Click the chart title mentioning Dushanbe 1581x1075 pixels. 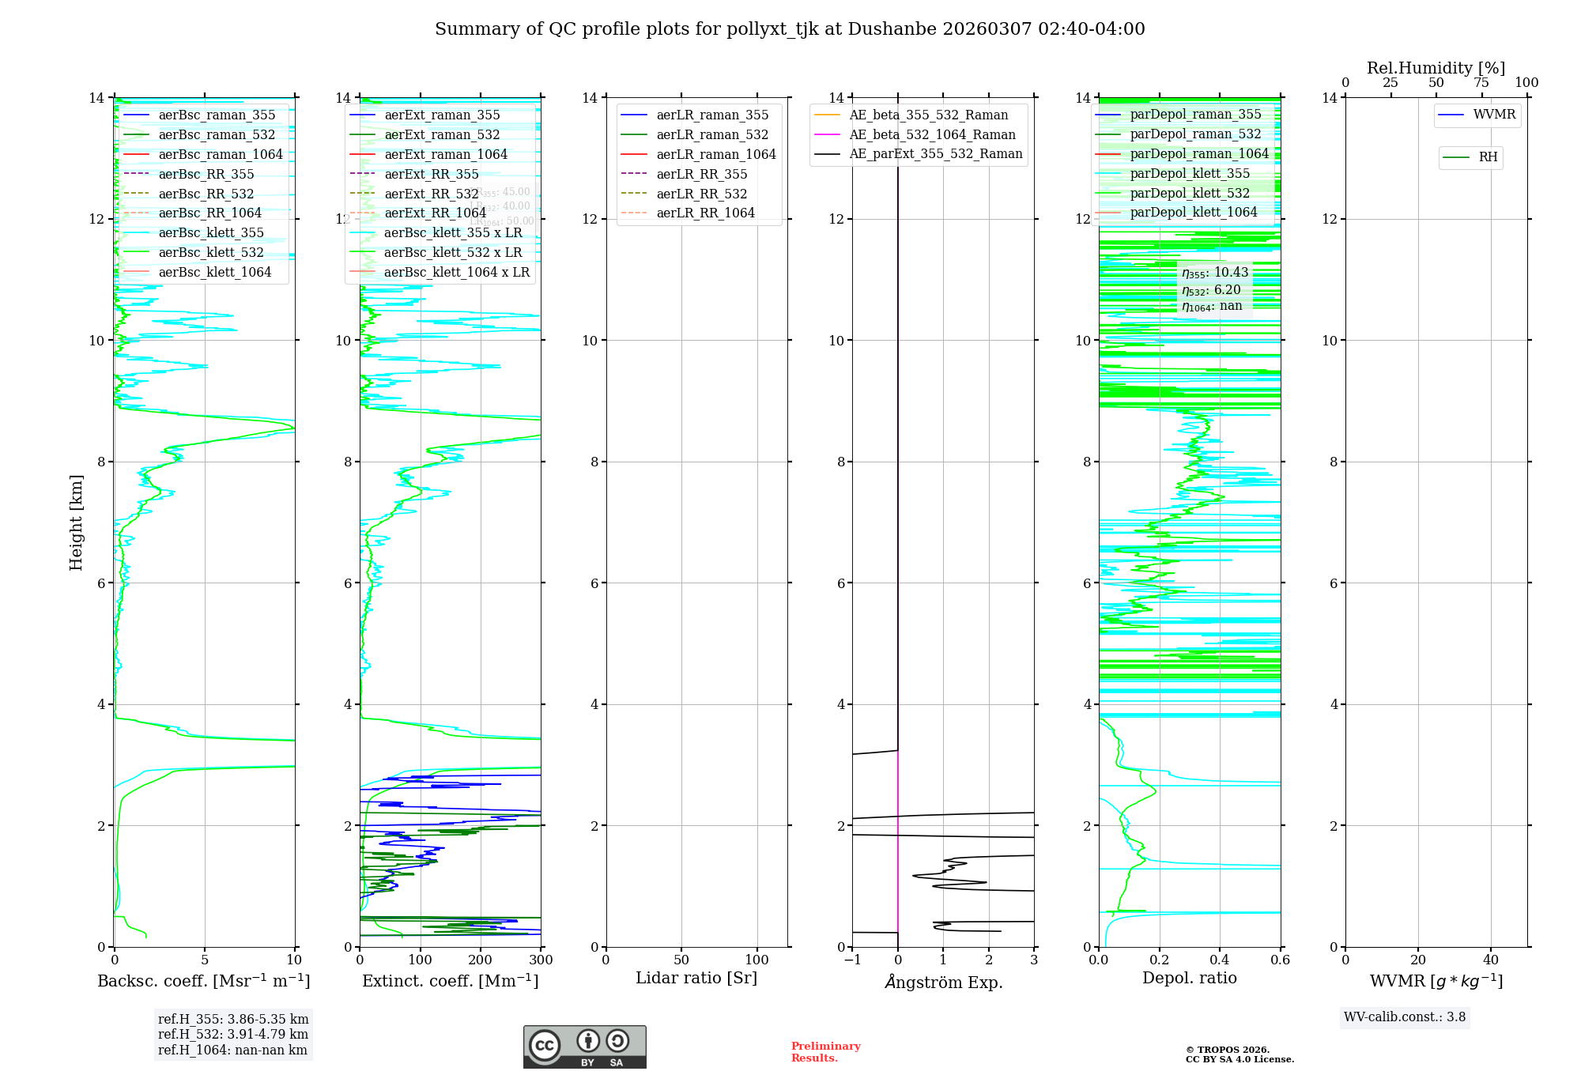[x=790, y=29]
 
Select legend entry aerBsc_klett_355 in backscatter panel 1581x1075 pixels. [x=210, y=233]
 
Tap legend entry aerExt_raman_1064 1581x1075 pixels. [x=446, y=154]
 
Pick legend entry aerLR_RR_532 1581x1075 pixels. [x=701, y=194]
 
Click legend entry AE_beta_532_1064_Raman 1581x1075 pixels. [x=932, y=134]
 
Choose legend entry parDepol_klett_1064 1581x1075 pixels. [x=1193, y=212]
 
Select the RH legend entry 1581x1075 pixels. [x=1488, y=157]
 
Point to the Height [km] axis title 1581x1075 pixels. [x=76, y=522]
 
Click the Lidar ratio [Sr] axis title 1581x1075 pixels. [x=696, y=978]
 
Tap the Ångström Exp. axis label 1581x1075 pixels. [x=943, y=982]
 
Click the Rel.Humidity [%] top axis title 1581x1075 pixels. [x=1436, y=68]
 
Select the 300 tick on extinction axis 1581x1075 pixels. [x=541, y=960]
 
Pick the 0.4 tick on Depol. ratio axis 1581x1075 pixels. [x=1220, y=960]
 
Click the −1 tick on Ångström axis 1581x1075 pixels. [x=852, y=960]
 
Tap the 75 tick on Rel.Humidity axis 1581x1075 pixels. [x=1481, y=83]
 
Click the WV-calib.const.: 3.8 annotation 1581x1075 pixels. [x=1405, y=1017]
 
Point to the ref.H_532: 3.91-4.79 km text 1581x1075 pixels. [x=233, y=1035]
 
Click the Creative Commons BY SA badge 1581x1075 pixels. [x=584, y=1047]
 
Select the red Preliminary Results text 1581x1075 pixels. [x=825, y=1052]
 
